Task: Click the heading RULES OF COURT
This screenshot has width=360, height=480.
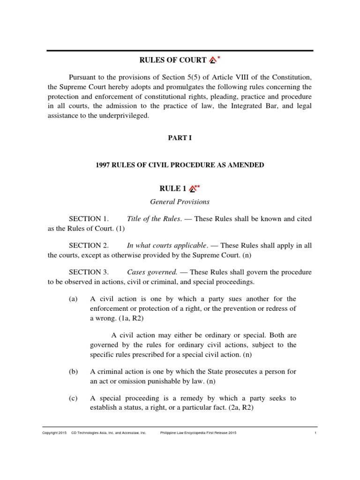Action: (x=173, y=60)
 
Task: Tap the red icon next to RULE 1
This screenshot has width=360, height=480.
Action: (x=192, y=189)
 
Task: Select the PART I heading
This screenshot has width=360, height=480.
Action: (x=180, y=138)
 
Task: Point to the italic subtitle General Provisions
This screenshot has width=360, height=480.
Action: (x=180, y=202)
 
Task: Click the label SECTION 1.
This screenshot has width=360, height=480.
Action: (x=89, y=219)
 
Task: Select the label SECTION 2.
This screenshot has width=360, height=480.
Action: (x=89, y=245)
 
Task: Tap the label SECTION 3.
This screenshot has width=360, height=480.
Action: (x=89, y=272)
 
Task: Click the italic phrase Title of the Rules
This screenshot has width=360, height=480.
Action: (x=154, y=219)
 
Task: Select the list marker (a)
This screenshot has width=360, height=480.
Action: (x=73, y=299)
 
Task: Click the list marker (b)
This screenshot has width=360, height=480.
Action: (x=73, y=372)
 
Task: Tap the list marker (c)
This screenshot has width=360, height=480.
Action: (x=73, y=398)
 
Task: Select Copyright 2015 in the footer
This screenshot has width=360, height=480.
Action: (x=54, y=433)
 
